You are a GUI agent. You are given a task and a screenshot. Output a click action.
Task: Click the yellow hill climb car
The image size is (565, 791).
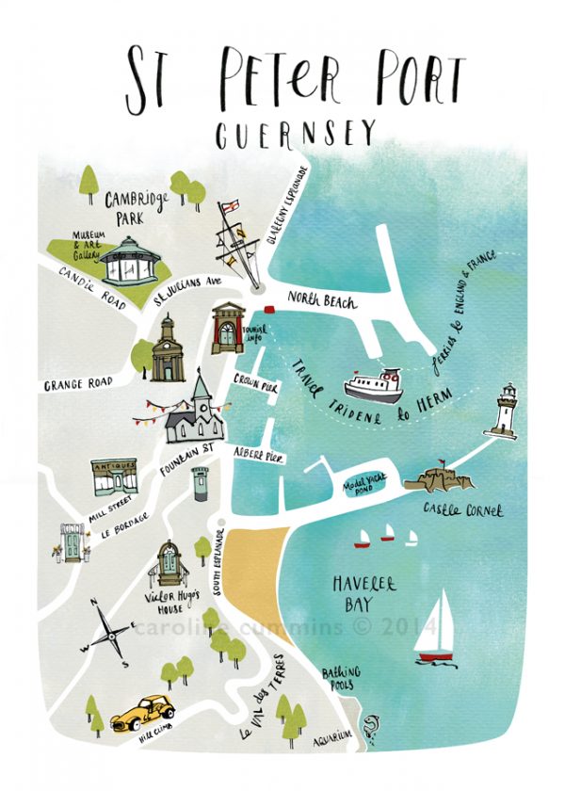click(138, 713)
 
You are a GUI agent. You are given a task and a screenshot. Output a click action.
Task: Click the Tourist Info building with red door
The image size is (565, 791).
click(229, 329)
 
